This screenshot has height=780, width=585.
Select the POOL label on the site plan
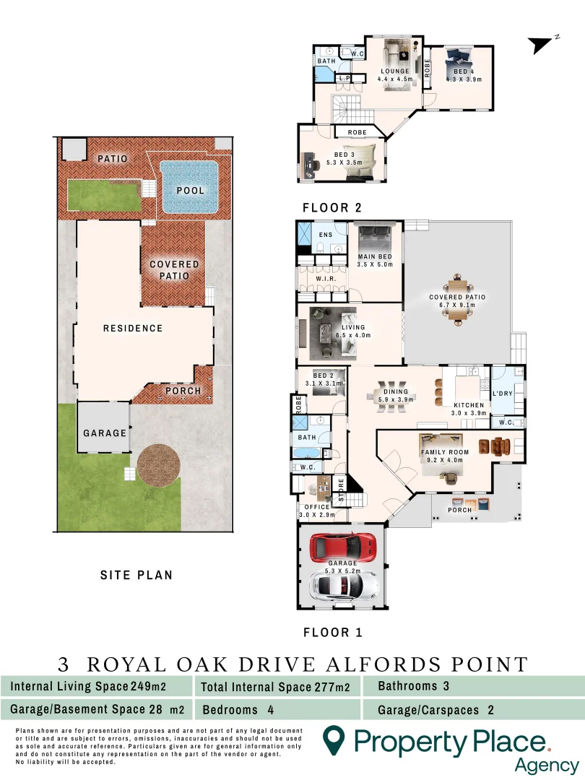[189, 191]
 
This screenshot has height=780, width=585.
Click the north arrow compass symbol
[542, 45]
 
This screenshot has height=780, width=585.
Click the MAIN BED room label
[374, 257]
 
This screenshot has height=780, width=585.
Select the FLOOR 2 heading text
[331, 208]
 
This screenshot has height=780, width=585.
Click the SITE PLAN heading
[136, 575]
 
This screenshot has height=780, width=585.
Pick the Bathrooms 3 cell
[414, 685]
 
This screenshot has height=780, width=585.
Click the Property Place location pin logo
[333, 741]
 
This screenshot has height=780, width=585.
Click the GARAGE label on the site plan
[105, 433]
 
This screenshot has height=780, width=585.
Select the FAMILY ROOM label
[445, 452]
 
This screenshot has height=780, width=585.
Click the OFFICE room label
[313, 507]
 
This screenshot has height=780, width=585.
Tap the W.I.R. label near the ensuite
[323, 277]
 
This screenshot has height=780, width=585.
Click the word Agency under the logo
[546, 765]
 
